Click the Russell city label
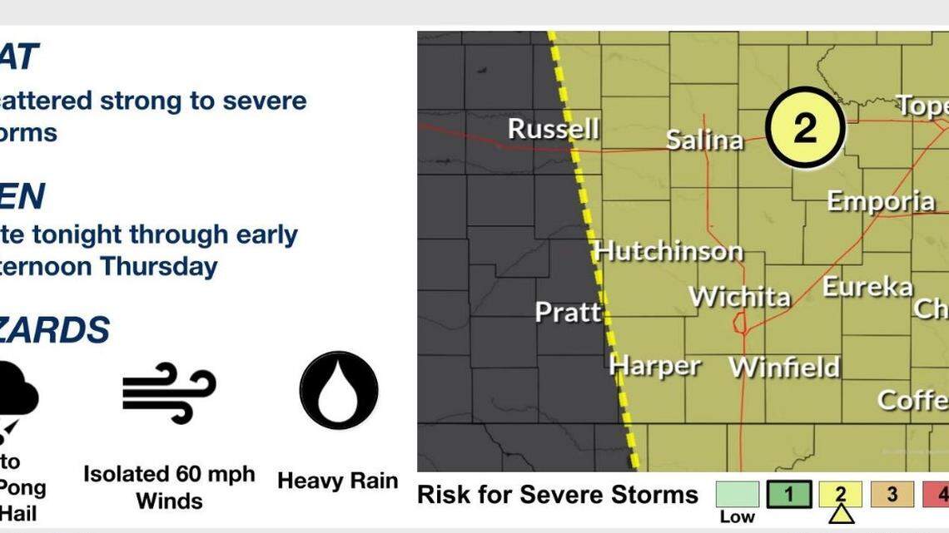553,130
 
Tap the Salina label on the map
704,140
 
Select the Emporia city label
880,201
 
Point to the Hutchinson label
668,251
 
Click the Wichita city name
739,297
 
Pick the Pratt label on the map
568,313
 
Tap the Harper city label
654,365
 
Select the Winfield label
784,367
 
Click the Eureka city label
867,288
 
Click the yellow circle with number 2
805,129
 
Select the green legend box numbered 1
788,495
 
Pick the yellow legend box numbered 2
840,494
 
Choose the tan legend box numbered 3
892,495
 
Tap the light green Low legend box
737,495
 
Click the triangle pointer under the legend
841,516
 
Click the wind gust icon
169,392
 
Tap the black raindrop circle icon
339,390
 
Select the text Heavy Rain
337,481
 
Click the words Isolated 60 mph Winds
169,487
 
